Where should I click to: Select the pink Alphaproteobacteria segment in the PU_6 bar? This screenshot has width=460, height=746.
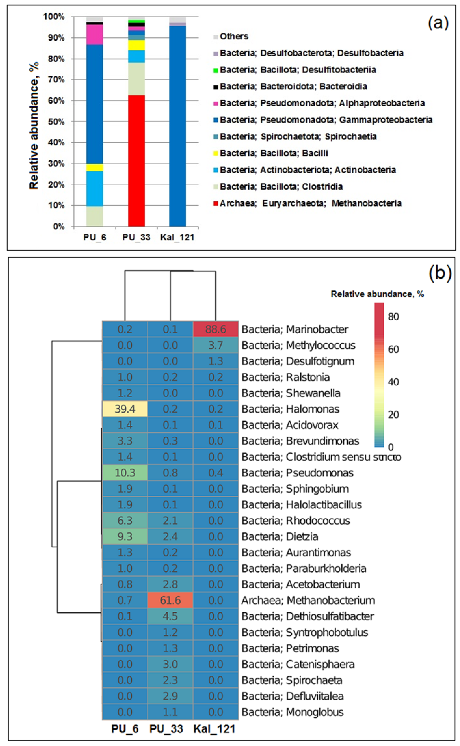(95, 35)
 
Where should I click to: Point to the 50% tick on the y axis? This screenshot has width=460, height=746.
(56, 122)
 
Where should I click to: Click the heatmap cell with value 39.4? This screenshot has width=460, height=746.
(125, 409)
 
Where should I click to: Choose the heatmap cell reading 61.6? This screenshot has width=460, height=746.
(170, 600)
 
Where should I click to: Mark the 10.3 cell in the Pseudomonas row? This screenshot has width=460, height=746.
(125, 473)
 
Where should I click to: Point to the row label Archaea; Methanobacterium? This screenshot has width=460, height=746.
(308, 600)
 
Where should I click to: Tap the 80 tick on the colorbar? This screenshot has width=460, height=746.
(393, 317)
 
